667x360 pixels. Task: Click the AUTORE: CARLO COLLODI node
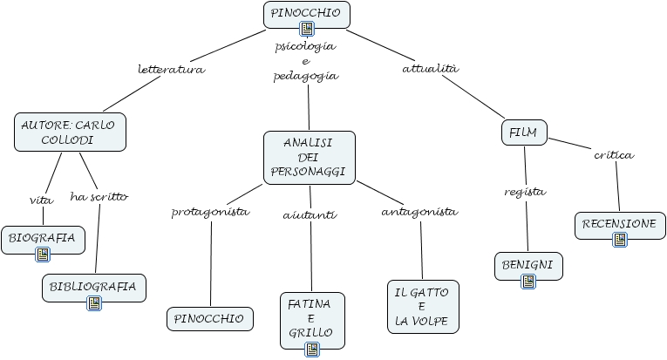[x=71, y=132]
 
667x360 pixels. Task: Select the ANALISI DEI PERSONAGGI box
[x=310, y=158]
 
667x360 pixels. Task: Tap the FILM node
[x=524, y=132]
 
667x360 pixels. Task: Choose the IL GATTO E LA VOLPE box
[x=423, y=307]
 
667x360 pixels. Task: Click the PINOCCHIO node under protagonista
[x=210, y=319]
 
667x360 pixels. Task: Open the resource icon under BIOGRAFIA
[x=43, y=255]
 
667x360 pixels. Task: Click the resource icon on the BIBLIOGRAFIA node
[x=94, y=303]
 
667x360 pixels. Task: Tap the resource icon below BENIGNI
[x=528, y=282]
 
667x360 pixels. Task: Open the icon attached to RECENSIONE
[x=620, y=240]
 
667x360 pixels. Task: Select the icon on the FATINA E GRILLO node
[x=312, y=350]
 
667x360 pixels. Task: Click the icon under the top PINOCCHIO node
[x=307, y=29]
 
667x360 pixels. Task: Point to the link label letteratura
[x=172, y=69]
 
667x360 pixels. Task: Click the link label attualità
[x=431, y=69]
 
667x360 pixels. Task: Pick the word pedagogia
[x=306, y=76]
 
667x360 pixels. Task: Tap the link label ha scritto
[x=99, y=197]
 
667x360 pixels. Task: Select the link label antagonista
[x=419, y=212]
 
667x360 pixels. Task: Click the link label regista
[x=525, y=192]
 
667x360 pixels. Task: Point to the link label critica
[x=614, y=155]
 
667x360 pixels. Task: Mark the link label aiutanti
[x=310, y=215]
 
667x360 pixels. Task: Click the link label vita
[x=42, y=200]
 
